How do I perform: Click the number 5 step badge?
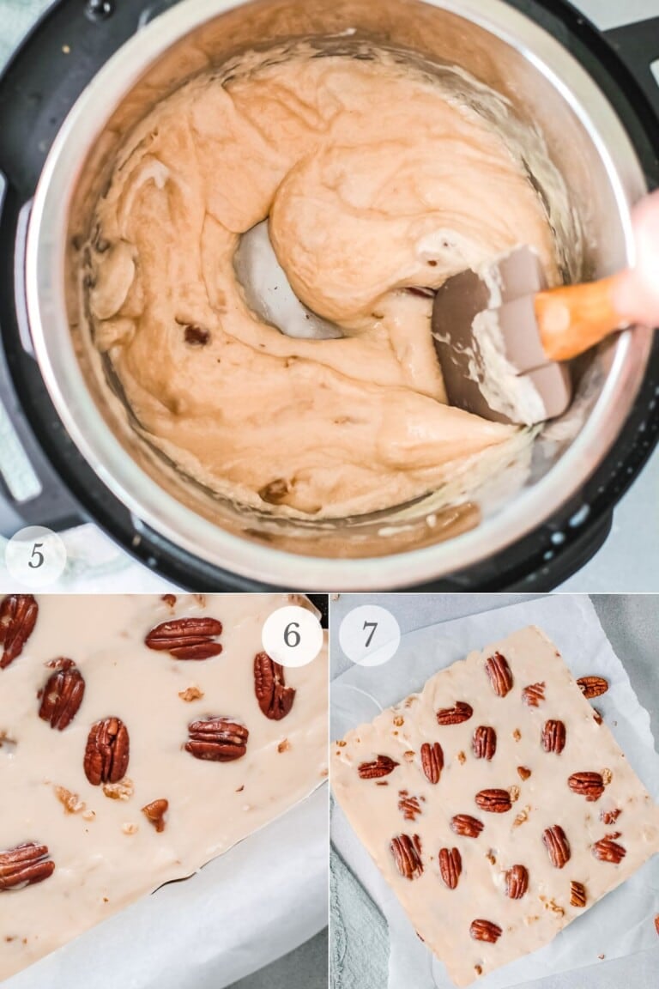coord(35,556)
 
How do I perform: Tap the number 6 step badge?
coord(292,636)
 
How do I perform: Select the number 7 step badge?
coord(369,635)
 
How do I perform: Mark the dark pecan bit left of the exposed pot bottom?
coord(196,334)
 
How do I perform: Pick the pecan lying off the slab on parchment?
coord(592,686)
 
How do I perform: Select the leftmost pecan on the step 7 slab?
coord(377,767)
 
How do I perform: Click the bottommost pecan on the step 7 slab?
coord(485,931)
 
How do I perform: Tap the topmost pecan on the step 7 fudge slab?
coord(499,674)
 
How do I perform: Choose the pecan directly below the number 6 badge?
coord(273,686)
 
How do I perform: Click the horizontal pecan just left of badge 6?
coord(184,638)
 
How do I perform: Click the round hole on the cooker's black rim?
coord(100,9)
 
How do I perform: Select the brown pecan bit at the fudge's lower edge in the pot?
coord(275,491)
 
